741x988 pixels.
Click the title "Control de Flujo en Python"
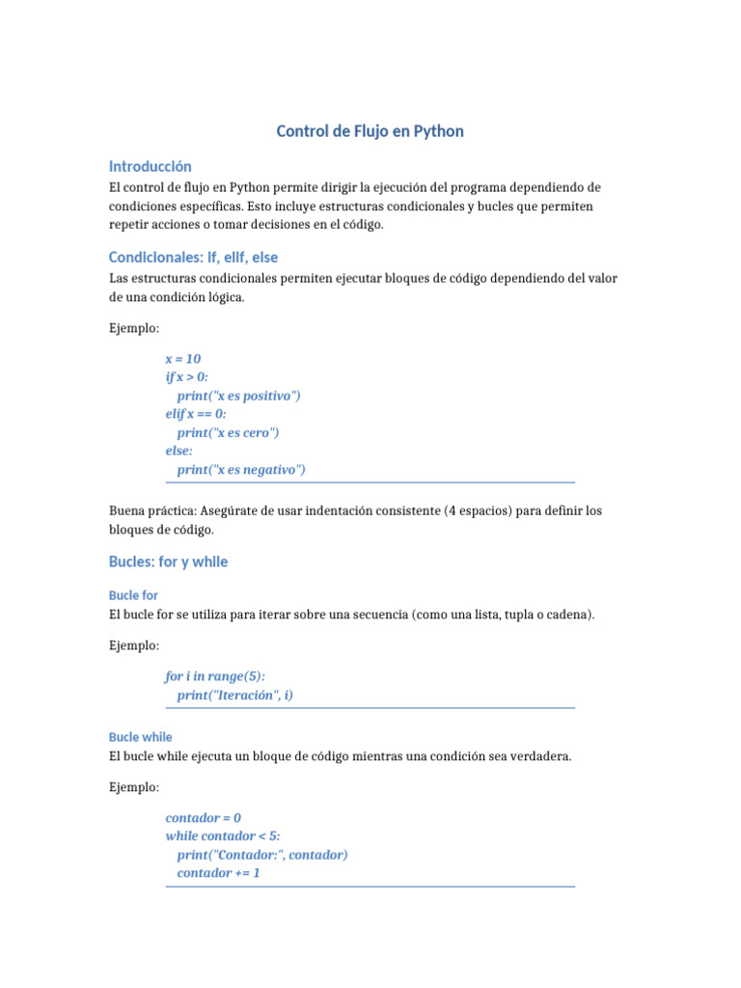click(370, 131)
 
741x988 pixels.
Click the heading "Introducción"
click(151, 166)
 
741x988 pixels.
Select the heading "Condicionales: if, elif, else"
click(194, 258)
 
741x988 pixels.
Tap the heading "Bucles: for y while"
click(169, 562)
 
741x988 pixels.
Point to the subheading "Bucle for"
click(134, 595)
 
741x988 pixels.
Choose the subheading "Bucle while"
click(141, 737)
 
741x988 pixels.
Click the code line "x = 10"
click(183, 359)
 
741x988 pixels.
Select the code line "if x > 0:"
click(187, 377)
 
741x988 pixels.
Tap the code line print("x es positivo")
click(239, 396)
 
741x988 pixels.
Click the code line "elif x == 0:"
click(196, 414)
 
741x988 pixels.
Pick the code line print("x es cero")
click(228, 432)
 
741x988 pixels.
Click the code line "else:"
click(179, 451)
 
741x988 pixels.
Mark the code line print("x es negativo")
click(241, 470)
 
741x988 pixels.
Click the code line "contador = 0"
click(204, 817)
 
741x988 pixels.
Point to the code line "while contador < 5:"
click(223, 836)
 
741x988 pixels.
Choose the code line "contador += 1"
click(219, 873)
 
